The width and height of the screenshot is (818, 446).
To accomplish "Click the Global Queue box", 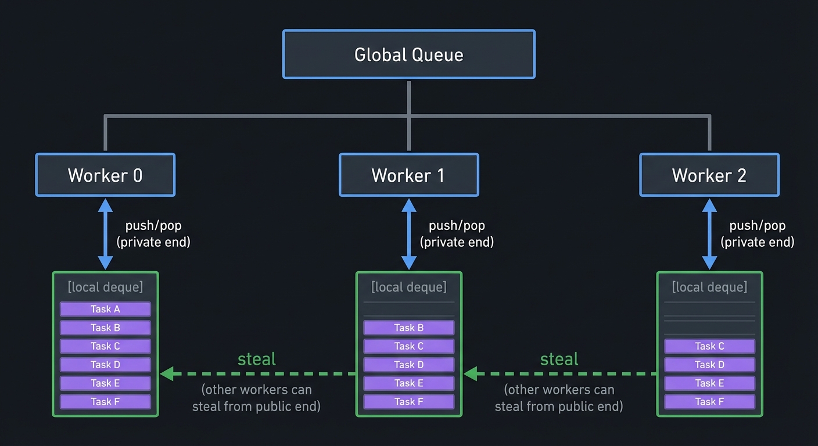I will click(x=408, y=55).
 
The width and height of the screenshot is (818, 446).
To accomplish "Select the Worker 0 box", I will click(x=105, y=175).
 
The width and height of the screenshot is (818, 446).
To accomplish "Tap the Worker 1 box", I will click(x=408, y=175).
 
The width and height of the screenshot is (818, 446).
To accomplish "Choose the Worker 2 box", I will click(x=709, y=175).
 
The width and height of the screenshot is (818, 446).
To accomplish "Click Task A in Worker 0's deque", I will click(x=105, y=309).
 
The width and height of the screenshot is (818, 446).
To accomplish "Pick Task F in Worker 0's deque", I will click(x=105, y=401).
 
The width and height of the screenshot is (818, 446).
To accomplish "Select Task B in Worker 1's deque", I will click(x=408, y=328).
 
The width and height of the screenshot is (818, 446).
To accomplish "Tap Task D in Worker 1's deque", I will click(x=408, y=365).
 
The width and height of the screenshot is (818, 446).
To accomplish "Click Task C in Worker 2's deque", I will click(x=709, y=346).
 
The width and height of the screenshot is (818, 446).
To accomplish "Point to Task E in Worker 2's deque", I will click(x=709, y=383).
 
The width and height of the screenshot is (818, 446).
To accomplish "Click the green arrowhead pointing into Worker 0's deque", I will click(x=167, y=374).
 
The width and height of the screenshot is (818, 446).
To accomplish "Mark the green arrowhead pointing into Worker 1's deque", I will click(x=470, y=374).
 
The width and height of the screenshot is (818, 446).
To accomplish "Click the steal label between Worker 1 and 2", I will click(x=559, y=359).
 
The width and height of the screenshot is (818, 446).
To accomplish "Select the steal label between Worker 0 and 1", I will click(x=257, y=359).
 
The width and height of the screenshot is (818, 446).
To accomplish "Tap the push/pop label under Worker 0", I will click(x=153, y=225).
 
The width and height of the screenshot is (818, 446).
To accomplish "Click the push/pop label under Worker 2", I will click(x=757, y=225).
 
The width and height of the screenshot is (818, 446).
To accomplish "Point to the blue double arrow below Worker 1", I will click(x=409, y=234).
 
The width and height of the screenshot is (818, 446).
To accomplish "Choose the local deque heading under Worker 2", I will click(x=709, y=287).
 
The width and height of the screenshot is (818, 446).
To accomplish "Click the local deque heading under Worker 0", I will click(x=105, y=287).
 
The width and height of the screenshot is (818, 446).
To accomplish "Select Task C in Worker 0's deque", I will click(x=105, y=346).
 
